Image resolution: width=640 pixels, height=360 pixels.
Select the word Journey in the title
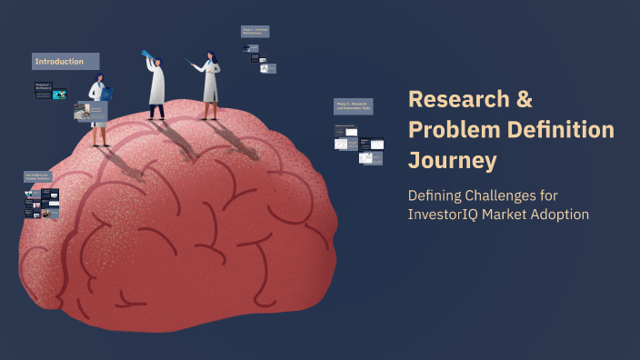click(453, 160)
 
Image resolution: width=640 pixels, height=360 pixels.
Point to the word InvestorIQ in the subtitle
click(450, 215)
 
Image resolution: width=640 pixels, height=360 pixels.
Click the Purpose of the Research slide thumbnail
click(49, 92)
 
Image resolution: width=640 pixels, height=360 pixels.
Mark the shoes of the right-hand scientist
click(210, 116)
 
